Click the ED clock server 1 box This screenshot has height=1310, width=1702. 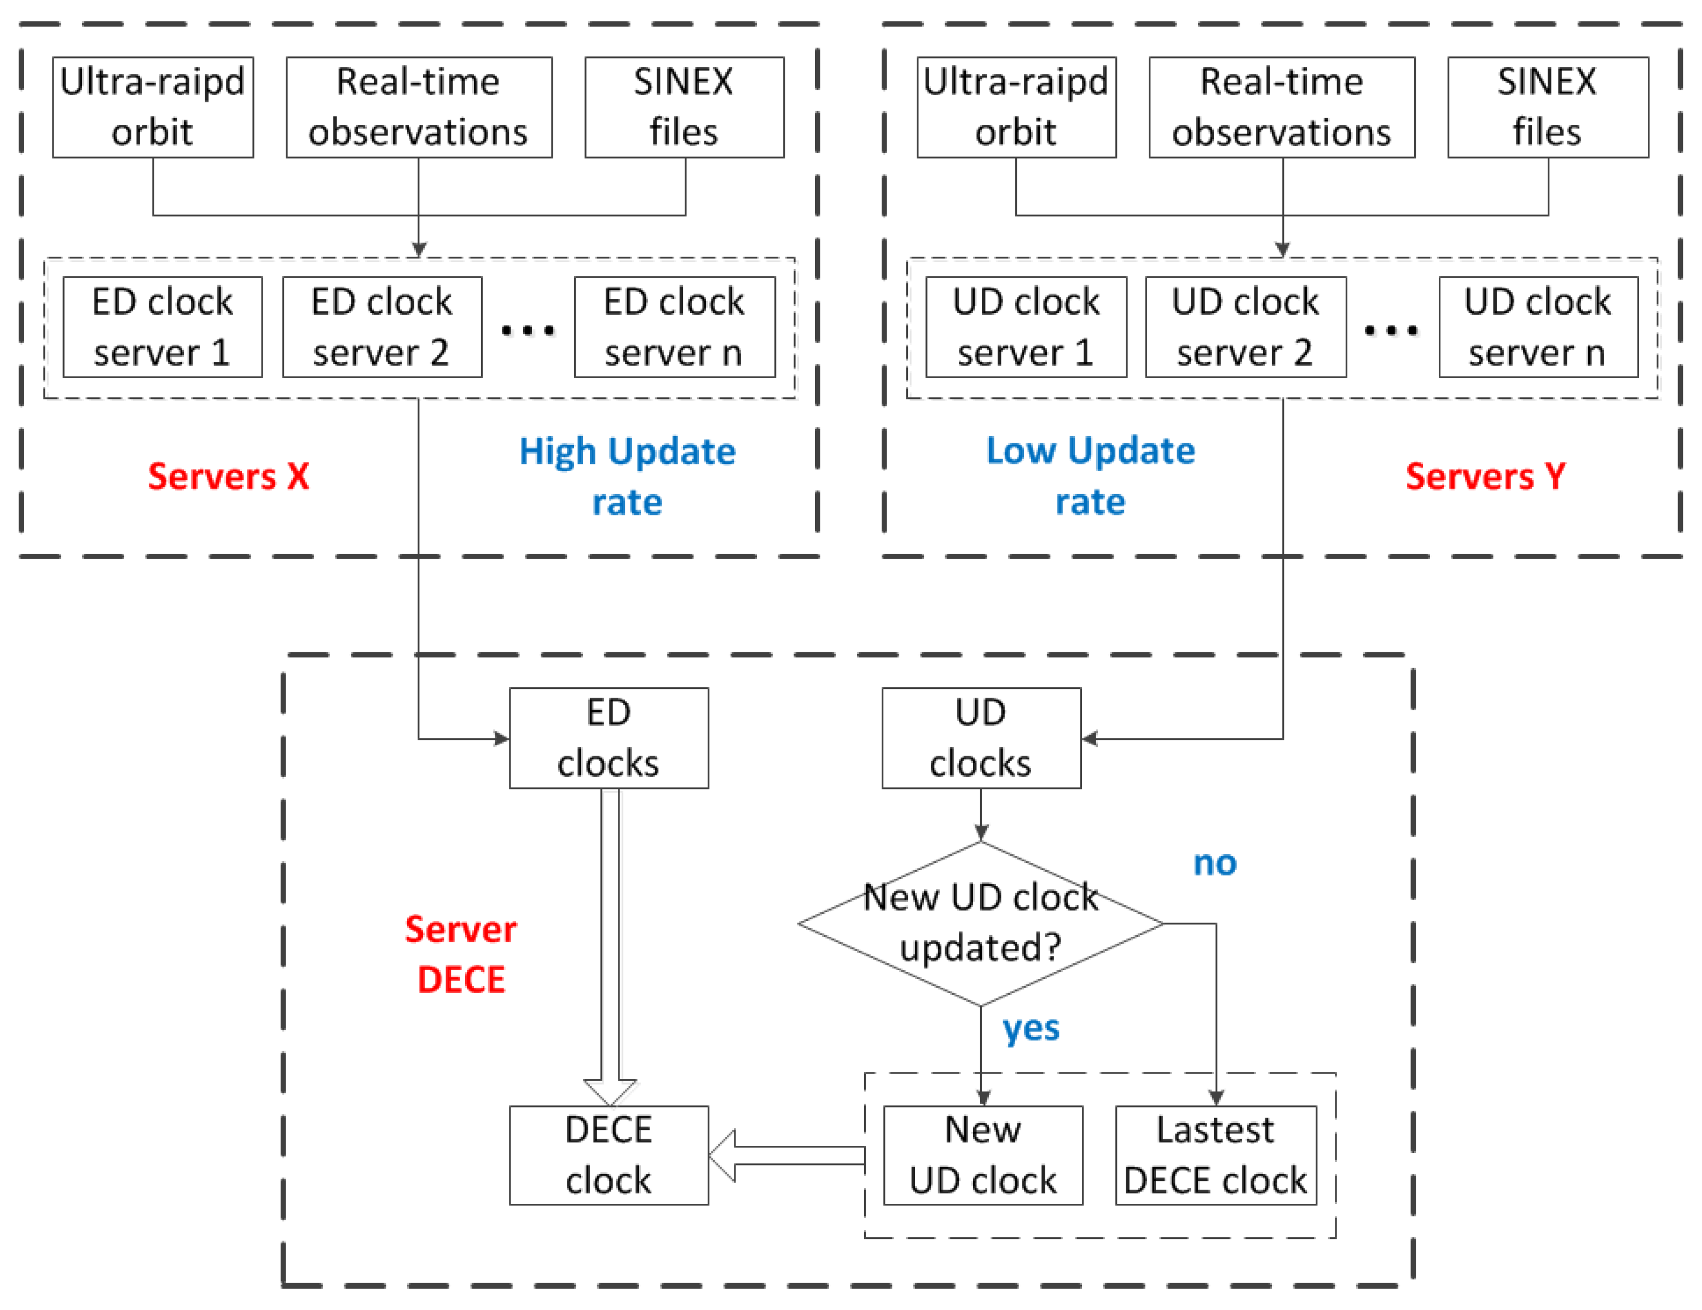[x=162, y=327]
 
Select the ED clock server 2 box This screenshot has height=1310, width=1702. [x=382, y=327]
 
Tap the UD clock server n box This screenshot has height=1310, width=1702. [x=1538, y=327]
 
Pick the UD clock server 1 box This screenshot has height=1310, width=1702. [x=1026, y=327]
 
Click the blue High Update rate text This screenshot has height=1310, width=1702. [x=627, y=476]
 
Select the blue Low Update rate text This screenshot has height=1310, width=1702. [x=1090, y=476]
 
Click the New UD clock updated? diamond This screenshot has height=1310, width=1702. [x=980, y=924]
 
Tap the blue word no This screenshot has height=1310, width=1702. [x=1215, y=863]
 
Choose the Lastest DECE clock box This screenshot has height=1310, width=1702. [x=1215, y=1155]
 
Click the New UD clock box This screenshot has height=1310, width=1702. [x=983, y=1155]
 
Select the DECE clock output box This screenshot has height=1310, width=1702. [x=609, y=1155]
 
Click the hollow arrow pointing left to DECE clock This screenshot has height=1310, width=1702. [x=787, y=1155]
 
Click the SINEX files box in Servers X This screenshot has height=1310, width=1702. [x=684, y=107]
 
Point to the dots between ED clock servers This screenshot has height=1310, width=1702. [x=528, y=331]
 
